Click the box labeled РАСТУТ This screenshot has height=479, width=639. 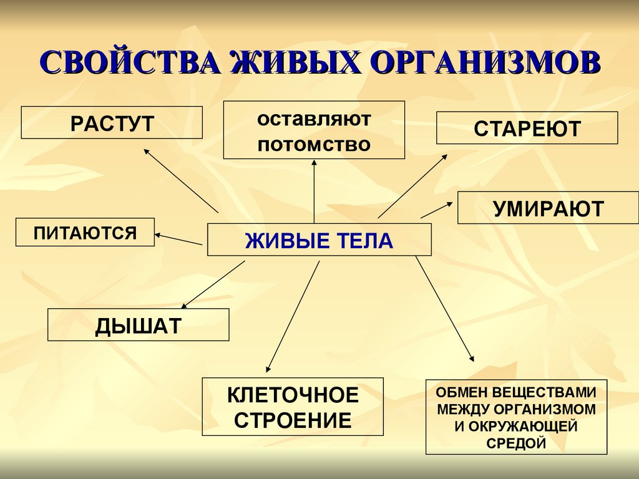click(x=112, y=122)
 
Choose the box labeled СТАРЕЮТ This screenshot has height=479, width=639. click(x=527, y=128)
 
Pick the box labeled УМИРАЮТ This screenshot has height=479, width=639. click(x=548, y=208)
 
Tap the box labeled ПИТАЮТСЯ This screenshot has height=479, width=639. click(x=85, y=233)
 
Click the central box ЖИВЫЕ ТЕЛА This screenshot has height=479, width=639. click(x=319, y=240)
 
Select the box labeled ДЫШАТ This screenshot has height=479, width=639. click(x=138, y=326)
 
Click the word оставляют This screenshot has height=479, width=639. click(x=314, y=119)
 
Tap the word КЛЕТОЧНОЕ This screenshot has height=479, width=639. click(x=293, y=395)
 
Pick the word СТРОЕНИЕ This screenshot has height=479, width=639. click(x=293, y=420)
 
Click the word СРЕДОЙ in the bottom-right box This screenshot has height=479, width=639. click(x=516, y=443)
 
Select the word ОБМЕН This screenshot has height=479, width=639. click(x=461, y=394)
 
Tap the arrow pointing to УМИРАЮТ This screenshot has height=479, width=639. click(x=437, y=210)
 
